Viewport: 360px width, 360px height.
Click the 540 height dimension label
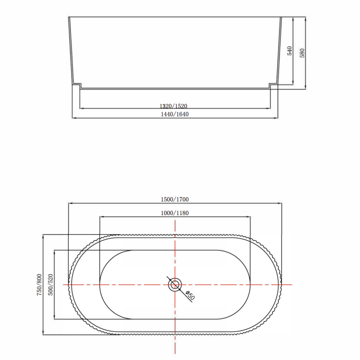coord(290,51)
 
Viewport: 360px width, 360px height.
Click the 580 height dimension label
coord(302,52)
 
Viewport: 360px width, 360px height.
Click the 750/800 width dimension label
coord(39,285)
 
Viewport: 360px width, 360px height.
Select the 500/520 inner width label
coord(51,285)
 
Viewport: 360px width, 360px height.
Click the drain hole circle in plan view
coord(175,284)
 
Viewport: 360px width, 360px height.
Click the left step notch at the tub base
coord(76,85)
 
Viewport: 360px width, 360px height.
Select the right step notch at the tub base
coord(273,85)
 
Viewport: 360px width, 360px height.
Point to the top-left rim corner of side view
coord(69,18)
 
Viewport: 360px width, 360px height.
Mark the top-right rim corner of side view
coord(281,18)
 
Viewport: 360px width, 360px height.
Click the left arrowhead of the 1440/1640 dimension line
coord(73,118)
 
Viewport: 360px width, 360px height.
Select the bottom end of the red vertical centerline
coord(175,354)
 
